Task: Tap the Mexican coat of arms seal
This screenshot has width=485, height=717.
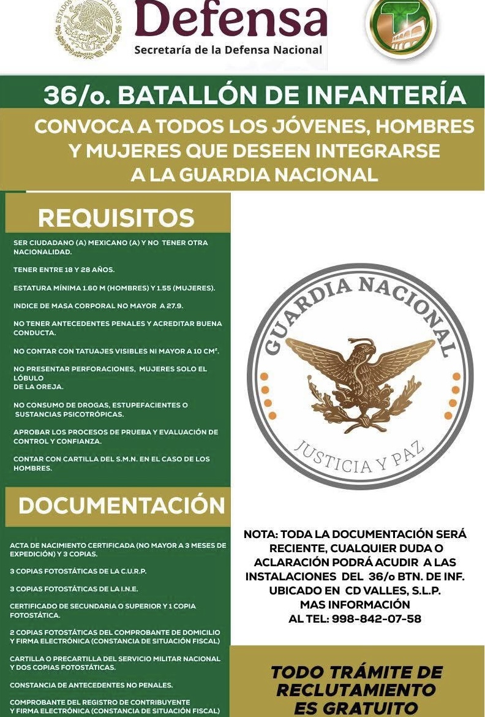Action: [89, 29]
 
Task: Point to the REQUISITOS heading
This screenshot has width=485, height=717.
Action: [116, 218]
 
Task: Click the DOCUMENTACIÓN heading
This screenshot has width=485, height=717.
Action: [122, 506]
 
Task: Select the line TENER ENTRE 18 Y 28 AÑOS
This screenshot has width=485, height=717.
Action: [64, 270]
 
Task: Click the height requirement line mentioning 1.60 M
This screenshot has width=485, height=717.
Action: [114, 287]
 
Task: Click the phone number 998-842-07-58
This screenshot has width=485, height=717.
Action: [377, 619]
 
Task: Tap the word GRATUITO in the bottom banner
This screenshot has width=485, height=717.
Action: [356, 708]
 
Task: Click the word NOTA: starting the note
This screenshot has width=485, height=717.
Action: [260, 534]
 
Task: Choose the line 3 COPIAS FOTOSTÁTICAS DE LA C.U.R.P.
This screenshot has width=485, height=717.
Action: [78, 571]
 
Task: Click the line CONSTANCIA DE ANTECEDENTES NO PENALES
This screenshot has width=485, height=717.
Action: [91, 685]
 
